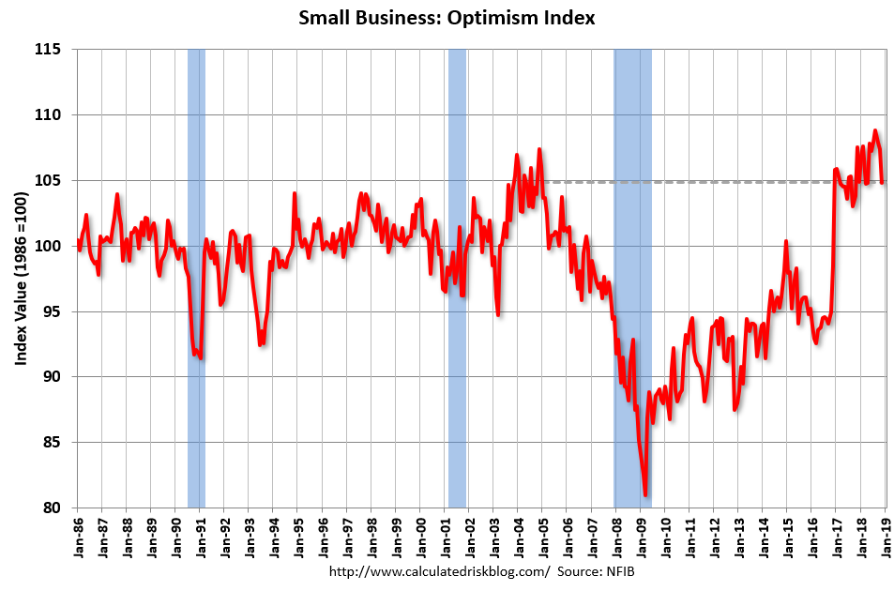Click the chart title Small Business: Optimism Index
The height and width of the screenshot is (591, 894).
click(447, 18)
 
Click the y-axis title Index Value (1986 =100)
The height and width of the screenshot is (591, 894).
click(20, 278)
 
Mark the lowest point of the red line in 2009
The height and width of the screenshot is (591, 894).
click(645, 494)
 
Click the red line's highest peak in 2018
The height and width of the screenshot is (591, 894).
click(875, 130)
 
